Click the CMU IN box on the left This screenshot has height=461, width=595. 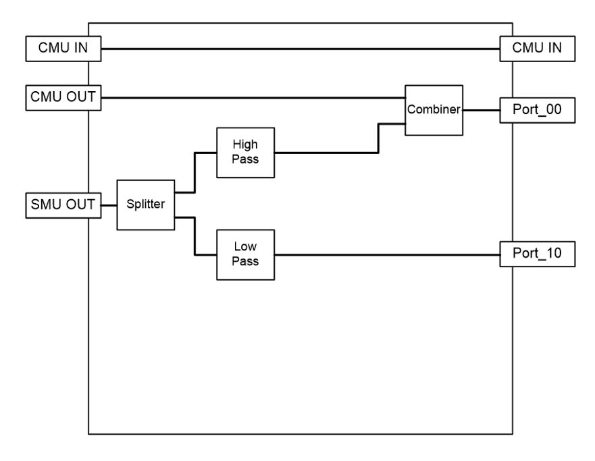coord(63,49)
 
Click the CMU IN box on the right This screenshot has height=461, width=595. coord(538,49)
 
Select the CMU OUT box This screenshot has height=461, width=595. coord(63,98)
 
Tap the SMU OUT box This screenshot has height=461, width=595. coord(63,205)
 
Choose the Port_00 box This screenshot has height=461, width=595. coord(538,110)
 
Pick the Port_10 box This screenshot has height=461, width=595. coord(538,254)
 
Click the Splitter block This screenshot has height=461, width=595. coord(146,205)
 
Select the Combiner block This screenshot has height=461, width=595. coord(434,110)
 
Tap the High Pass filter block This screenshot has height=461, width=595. coord(246,153)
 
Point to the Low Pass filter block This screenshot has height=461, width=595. coord(246,254)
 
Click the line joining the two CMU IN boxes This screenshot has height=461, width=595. coord(301,49)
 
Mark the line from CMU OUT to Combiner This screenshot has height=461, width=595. coord(253,98)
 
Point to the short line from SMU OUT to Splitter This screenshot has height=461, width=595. coord(109,205)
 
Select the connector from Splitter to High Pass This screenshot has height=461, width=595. coord(195,173)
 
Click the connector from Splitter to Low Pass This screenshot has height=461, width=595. coord(195,236)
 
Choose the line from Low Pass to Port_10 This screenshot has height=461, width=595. coord(387,254)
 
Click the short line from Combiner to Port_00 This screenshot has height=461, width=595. coord(481,110)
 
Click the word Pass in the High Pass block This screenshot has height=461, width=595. coord(245,159)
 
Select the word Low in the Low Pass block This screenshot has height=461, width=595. coord(245,246)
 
